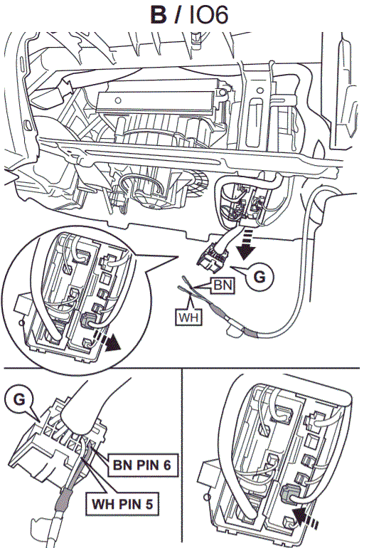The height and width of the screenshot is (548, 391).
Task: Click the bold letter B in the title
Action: click(x=158, y=15)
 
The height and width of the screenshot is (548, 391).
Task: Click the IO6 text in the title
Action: click(x=209, y=15)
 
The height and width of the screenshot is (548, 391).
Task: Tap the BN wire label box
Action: click(x=223, y=285)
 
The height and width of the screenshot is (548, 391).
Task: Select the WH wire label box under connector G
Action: click(x=188, y=317)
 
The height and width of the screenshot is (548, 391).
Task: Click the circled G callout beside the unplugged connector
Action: click(x=259, y=277)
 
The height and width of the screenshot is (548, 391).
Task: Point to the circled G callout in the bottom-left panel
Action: click(x=19, y=399)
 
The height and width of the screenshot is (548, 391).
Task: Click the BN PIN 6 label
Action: click(x=141, y=465)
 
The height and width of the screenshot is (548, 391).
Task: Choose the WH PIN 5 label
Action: click(x=122, y=504)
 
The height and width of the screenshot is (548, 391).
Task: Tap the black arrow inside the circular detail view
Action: click(x=108, y=342)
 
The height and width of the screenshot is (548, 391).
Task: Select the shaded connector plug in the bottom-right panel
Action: click(x=289, y=493)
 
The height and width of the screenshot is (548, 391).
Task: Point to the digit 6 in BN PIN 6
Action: click(x=166, y=465)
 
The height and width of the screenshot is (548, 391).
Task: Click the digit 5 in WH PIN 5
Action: click(x=149, y=505)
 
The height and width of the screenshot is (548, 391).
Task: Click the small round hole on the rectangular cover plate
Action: click(x=118, y=100)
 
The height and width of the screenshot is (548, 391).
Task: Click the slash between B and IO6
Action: click(x=177, y=16)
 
